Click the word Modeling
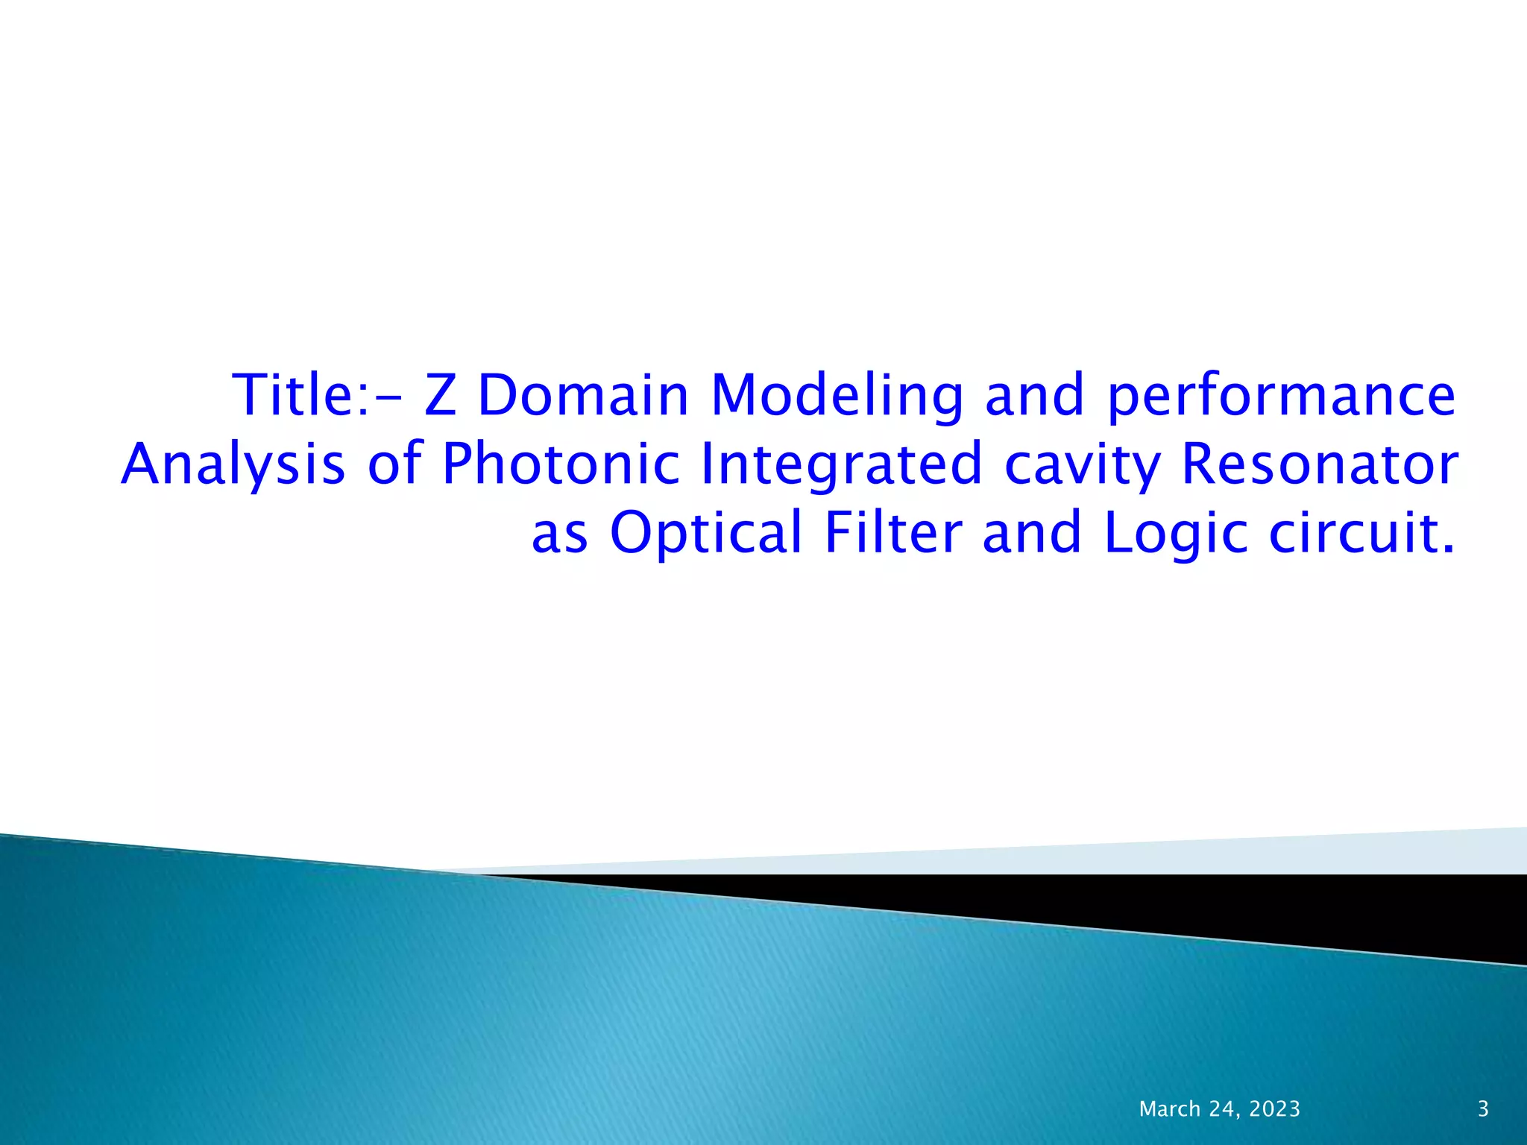pos(837,395)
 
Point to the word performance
pos(1281,397)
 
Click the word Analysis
pos(233,464)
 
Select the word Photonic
pos(561,463)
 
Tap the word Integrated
pos(842,464)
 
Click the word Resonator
pos(1320,463)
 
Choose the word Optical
pos(706,533)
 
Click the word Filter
pos(893,532)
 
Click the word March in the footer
pos(1170,1109)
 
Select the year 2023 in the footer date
pos(1274,1109)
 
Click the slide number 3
pos(1483,1109)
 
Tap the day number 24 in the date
pos(1223,1109)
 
